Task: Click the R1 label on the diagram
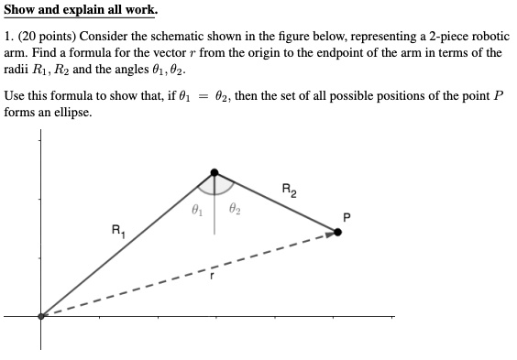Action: point(118,230)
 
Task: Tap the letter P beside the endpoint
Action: point(346,216)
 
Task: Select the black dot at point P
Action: point(337,232)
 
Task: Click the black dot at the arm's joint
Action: point(214,171)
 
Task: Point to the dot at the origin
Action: point(40,316)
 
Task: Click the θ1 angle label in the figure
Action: point(195,210)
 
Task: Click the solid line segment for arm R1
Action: point(128,243)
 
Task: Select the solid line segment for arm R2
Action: point(275,201)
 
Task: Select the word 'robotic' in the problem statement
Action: point(477,35)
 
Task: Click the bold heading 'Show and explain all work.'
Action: point(80,10)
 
